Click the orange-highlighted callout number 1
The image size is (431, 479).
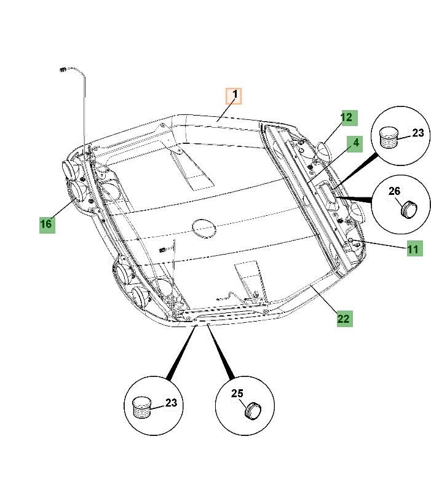coord(234,96)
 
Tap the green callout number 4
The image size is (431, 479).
coord(355,144)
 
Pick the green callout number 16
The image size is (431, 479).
coord(47,224)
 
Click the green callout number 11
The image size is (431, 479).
coord(415,248)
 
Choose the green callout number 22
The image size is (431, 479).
coord(345,319)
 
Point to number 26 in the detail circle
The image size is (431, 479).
coord(394,192)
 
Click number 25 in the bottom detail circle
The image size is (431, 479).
coord(237,394)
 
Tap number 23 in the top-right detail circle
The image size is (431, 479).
coord(418,133)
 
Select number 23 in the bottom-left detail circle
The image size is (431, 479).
coord(171,403)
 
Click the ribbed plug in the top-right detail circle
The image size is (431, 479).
coord(389,138)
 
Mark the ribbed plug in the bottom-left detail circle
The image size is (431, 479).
coord(142,408)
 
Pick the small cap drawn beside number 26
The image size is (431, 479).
coord(409,210)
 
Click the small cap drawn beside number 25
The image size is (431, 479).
coord(253,411)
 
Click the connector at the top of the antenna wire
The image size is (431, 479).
coord(63,70)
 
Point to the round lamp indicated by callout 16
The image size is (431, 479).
coord(77,190)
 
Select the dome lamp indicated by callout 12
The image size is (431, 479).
coord(323,152)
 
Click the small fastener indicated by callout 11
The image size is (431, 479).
coord(351,240)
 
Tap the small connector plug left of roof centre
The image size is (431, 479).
coord(162,250)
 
